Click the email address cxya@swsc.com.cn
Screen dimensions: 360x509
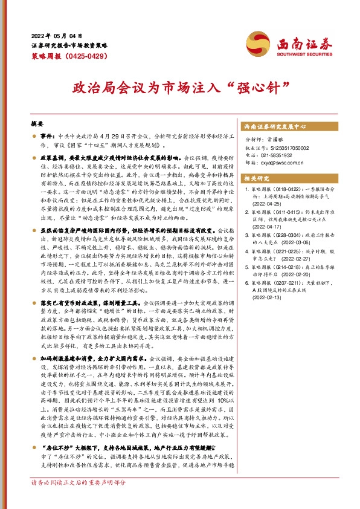[x=284, y=161]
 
